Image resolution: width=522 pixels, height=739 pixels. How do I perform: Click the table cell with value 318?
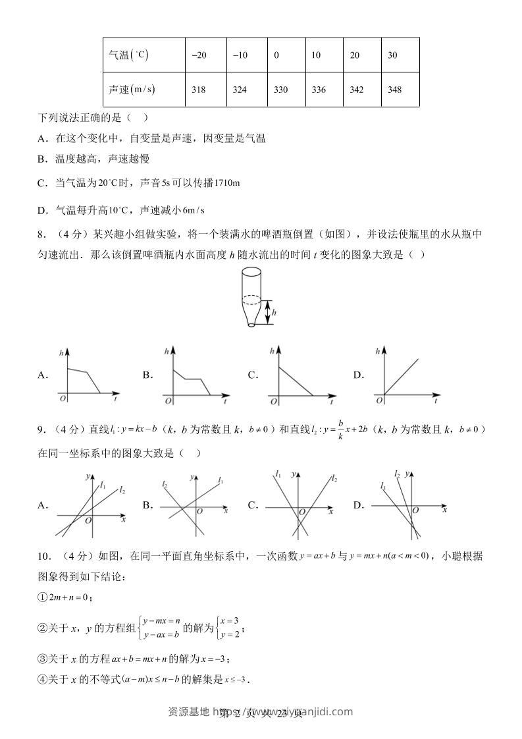199,90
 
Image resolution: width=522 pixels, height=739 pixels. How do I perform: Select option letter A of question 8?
43,375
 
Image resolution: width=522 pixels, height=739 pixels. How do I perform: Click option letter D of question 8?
358,375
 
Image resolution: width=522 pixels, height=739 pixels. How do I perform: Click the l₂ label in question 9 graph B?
165,484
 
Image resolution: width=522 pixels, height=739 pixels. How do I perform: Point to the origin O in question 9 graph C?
301,512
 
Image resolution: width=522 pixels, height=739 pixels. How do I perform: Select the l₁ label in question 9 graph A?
103,486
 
